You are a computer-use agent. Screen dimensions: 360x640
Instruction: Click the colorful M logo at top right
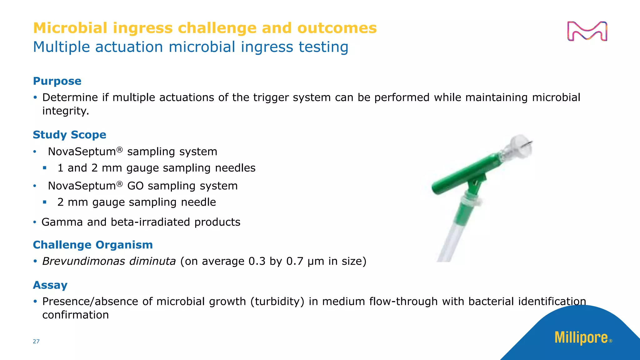(x=587, y=31)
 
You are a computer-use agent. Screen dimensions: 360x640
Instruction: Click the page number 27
(x=36, y=341)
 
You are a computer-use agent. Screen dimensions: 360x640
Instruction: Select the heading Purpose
(x=57, y=81)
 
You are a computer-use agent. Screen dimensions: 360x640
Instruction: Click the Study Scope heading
(x=69, y=135)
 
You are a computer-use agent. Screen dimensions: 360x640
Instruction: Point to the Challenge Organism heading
(x=93, y=245)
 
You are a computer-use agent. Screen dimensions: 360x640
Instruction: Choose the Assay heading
(x=50, y=285)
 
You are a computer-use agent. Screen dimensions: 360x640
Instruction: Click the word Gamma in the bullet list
(x=62, y=222)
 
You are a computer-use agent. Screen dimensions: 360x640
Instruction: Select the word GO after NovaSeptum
(x=135, y=186)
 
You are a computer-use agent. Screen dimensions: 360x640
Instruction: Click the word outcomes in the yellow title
(x=337, y=28)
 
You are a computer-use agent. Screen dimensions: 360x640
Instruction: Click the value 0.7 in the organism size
(x=294, y=261)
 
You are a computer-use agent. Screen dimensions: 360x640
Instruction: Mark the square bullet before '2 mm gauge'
(x=45, y=202)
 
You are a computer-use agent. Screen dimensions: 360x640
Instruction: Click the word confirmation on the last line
(x=75, y=315)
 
